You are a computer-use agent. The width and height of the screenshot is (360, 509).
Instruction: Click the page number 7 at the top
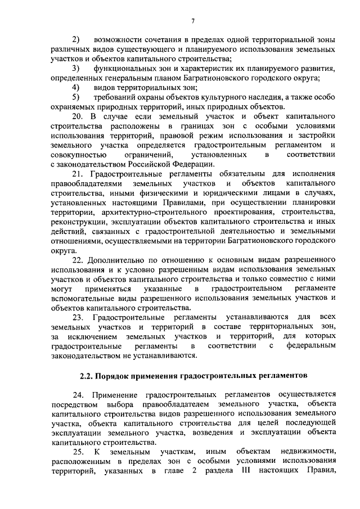point(192,22)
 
